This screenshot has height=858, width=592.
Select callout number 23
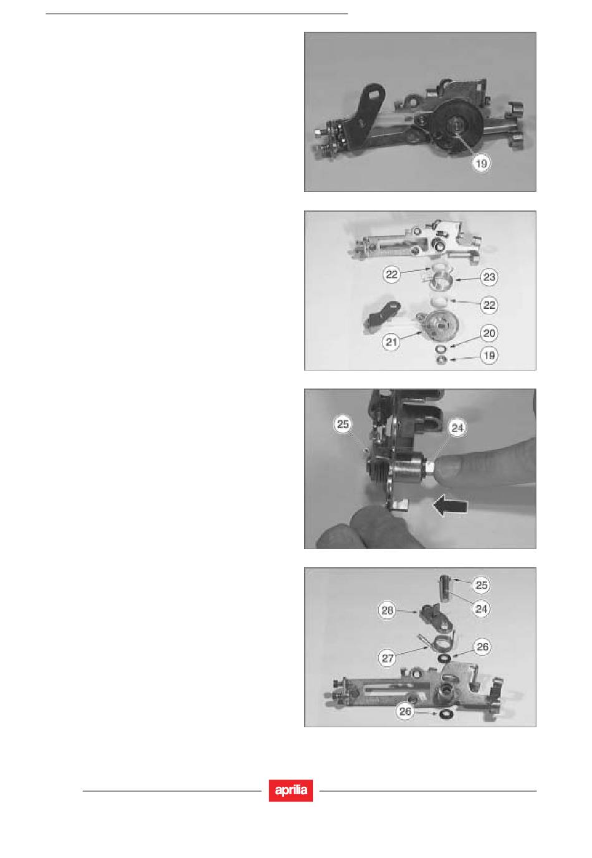coord(489,277)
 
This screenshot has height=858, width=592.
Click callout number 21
coord(391,341)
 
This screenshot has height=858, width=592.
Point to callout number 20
coord(489,333)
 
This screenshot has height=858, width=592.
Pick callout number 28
coord(387,610)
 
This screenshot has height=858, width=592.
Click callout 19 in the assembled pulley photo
coord(481,164)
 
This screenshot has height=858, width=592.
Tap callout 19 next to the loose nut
coord(489,356)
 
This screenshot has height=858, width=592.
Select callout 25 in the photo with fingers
coord(342,424)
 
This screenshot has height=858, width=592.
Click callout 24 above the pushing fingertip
coord(457,428)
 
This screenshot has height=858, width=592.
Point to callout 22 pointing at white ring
coord(489,305)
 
